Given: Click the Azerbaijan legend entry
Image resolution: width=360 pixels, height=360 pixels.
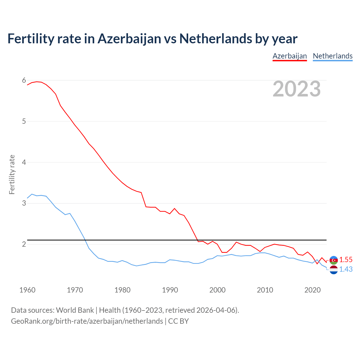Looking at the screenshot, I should pyautogui.click(x=290, y=56).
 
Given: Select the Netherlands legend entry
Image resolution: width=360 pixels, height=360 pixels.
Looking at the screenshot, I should pyautogui.click(x=333, y=56).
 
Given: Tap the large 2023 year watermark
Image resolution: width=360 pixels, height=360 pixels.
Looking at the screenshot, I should pyautogui.click(x=297, y=89).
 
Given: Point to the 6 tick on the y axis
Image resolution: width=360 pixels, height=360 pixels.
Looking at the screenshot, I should pyautogui.click(x=24, y=80).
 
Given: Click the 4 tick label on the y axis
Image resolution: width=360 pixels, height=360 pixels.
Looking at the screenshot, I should pyautogui.click(x=24, y=162).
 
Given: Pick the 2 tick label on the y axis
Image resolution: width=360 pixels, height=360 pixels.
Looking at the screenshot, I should pyautogui.click(x=24, y=244).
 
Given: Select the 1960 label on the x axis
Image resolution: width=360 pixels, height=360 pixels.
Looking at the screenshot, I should pyautogui.click(x=27, y=290).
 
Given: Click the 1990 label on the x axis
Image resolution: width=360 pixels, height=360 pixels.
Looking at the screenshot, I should pyautogui.click(x=170, y=290).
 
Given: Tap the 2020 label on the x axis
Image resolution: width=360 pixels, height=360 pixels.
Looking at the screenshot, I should pyautogui.click(x=312, y=290).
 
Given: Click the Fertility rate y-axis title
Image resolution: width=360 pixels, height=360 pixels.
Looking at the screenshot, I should pyautogui.click(x=12, y=174).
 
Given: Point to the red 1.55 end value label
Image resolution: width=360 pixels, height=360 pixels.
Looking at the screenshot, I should pyautogui.click(x=346, y=260).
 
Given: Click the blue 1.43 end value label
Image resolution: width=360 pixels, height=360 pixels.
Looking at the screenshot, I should pyautogui.click(x=346, y=269).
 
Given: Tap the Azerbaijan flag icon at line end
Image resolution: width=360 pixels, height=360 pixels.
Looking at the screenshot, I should pyautogui.click(x=334, y=260).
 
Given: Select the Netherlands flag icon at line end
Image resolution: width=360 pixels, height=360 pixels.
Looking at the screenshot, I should pyautogui.click(x=334, y=270).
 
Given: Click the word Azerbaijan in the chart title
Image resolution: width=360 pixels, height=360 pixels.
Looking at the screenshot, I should pyautogui.click(x=129, y=39).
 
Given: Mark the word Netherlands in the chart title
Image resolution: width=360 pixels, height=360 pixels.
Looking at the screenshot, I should pyautogui.click(x=216, y=39).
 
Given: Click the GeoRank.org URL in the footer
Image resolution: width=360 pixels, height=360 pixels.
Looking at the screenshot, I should pyautogui.click(x=87, y=321).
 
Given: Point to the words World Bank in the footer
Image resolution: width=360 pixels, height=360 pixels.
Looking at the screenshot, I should pyautogui.click(x=75, y=310).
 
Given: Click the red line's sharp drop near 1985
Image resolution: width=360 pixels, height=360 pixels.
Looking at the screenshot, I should pyautogui.click(x=143, y=200).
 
